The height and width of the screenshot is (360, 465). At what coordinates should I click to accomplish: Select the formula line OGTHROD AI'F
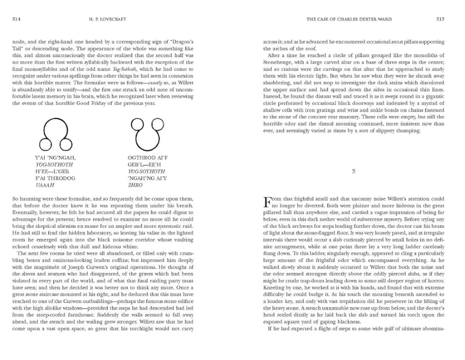[x=148, y=157]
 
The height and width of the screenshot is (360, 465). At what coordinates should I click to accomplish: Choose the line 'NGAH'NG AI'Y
[x=147, y=177]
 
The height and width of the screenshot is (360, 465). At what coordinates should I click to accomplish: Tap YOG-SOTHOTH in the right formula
[x=147, y=171]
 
